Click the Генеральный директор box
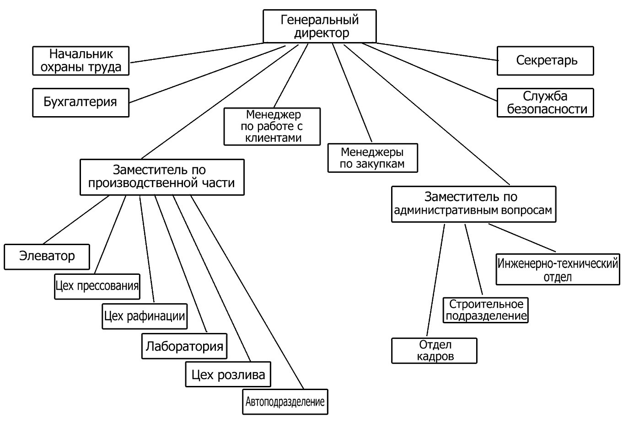(x=319, y=27)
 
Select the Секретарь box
(x=545, y=61)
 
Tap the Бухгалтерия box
(x=81, y=102)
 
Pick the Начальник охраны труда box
(x=81, y=61)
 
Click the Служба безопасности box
(x=545, y=103)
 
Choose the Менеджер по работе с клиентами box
(x=272, y=127)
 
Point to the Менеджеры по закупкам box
(x=372, y=158)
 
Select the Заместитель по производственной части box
(x=162, y=177)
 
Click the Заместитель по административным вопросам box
(x=473, y=204)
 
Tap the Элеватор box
(x=47, y=257)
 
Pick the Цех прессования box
(x=97, y=287)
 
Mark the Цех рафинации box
(x=145, y=316)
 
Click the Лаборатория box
(x=184, y=346)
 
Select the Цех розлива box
(x=228, y=375)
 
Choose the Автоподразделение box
(x=285, y=402)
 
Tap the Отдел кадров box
(x=434, y=351)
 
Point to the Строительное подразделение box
(x=485, y=310)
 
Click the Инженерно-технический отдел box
(x=558, y=270)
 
